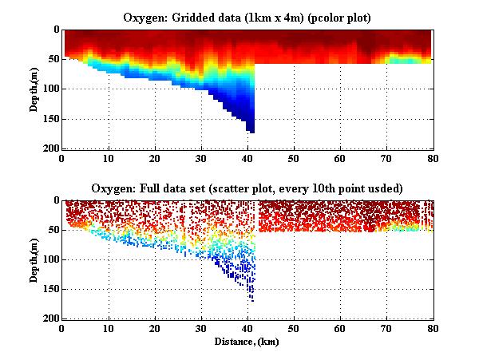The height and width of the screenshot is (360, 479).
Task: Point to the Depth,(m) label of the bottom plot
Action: click(35, 259)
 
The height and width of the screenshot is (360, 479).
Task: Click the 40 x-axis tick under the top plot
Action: click(248, 158)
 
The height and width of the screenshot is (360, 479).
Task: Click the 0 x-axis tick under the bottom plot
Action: click(63, 328)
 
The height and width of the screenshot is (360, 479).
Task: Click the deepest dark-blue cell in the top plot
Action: click(251, 129)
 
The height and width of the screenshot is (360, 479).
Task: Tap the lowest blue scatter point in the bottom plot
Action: click(252, 301)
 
